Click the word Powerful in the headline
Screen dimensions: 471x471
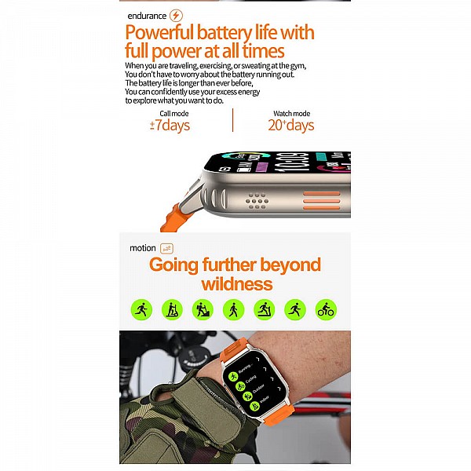click(x=157, y=33)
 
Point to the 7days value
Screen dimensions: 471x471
click(x=171, y=126)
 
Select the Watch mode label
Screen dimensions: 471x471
click(x=290, y=114)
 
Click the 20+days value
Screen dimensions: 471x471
click(x=290, y=126)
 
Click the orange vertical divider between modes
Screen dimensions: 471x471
click(x=232, y=120)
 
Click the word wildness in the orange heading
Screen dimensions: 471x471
click(x=236, y=283)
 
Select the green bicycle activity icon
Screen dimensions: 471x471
click(x=326, y=309)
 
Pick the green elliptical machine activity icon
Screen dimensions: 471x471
click(x=203, y=309)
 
